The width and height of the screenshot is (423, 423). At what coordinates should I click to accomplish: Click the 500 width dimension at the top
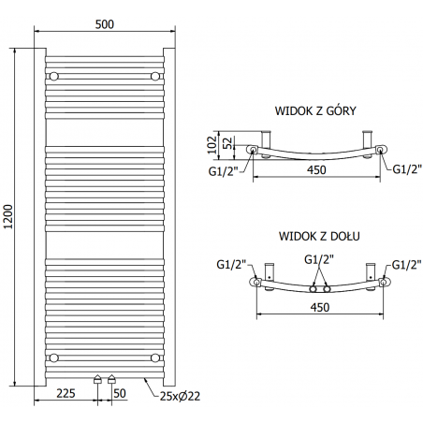point(105,25)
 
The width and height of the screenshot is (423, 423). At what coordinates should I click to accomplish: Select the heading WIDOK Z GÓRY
point(316,110)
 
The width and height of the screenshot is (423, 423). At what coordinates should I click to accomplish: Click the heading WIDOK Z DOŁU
point(318,238)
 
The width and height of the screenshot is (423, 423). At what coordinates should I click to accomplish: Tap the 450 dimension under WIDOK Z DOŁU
point(318,306)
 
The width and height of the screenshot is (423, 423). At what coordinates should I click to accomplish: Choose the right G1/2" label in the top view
point(406,169)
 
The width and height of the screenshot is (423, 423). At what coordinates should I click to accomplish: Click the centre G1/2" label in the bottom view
point(318,259)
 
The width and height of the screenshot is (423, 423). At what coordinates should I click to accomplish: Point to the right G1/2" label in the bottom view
point(405,265)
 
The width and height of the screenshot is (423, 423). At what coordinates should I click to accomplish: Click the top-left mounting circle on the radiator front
point(54,75)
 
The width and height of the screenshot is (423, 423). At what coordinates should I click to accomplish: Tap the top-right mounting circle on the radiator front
point(155,75)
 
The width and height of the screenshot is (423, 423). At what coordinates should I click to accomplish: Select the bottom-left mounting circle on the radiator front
point(54,357)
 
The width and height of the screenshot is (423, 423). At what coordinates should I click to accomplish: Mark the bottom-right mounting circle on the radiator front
point(155,357)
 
